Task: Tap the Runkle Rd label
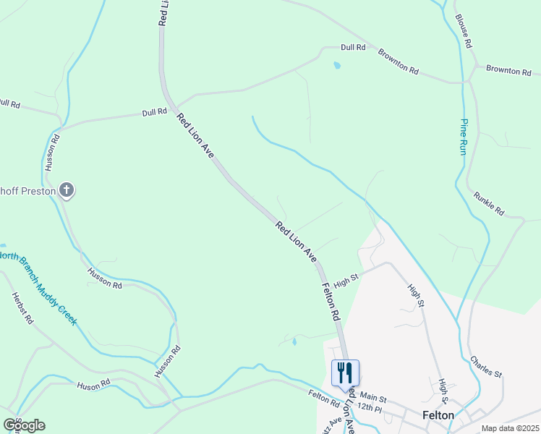(489, 204)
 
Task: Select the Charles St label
(486, 367)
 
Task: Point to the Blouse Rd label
(464, 31)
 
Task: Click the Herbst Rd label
(22, 308)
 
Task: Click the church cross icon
(66, 191)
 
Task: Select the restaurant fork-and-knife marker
(345, 372)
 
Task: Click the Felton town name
(438, 415)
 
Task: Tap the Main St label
(374, 397)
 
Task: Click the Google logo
(24, 425)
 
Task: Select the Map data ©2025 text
(510, 428)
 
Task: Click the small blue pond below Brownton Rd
(336, 66)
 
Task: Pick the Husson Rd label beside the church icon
(49, 153)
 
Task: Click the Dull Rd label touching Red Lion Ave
(155, 112)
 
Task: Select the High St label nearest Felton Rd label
(346, 278)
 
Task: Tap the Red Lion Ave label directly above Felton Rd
(296, 242)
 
